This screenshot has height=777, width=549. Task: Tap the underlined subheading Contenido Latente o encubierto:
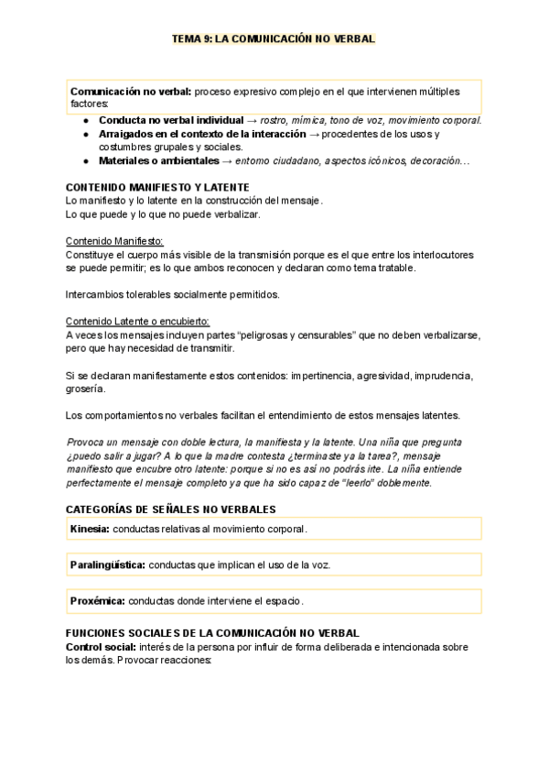coord(138,322)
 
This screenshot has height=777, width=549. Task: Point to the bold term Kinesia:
coord(90,529)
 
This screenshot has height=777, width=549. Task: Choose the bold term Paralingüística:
coord(107,565)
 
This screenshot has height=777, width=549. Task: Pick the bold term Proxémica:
coord(98,601)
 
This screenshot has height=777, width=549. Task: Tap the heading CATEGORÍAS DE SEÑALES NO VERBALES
coord(170,509)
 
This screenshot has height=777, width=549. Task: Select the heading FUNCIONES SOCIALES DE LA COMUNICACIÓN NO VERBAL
coord(212,633)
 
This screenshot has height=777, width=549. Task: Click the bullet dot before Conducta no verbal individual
coord(85,120)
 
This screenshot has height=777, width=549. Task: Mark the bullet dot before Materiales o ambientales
coord(85,160)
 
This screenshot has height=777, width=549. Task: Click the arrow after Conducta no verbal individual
coord(252,120)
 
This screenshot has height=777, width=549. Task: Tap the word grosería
coord(86,388)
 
